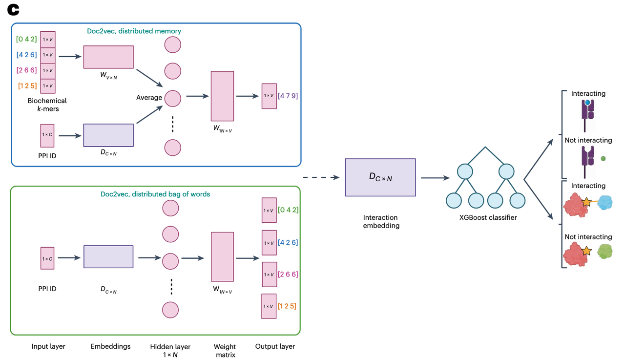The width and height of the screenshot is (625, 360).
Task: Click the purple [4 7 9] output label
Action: tap(288, 96)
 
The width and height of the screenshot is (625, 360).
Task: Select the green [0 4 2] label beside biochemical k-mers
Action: tap(26, 39)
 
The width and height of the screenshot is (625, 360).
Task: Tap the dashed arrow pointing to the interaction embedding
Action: tap(320, 177)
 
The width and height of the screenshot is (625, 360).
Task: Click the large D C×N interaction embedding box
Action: tap(380, 177)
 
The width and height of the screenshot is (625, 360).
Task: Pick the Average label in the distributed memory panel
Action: tap(149, 98)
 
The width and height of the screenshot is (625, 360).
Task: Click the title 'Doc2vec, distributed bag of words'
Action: tap(155, 194)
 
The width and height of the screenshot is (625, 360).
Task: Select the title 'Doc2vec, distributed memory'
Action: tap(134, 31)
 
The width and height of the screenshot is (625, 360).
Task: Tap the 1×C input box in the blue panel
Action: tap(47, 135)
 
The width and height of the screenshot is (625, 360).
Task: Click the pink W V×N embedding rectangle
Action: tap(108, 57)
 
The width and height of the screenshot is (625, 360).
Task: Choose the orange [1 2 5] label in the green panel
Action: tap(287, 306)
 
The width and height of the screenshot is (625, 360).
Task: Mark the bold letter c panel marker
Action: tap(13, 10)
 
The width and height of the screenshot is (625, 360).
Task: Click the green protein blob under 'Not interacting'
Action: tap(604, 252)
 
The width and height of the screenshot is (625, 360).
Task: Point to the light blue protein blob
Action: tap(604, 203)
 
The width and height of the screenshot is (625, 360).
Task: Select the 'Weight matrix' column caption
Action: tap(225, 351)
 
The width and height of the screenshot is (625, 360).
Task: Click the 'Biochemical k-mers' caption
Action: tap(47, 105)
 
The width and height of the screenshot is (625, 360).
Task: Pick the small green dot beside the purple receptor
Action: tap(603, 158)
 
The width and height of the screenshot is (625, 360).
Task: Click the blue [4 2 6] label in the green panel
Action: tap(288, 242)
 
